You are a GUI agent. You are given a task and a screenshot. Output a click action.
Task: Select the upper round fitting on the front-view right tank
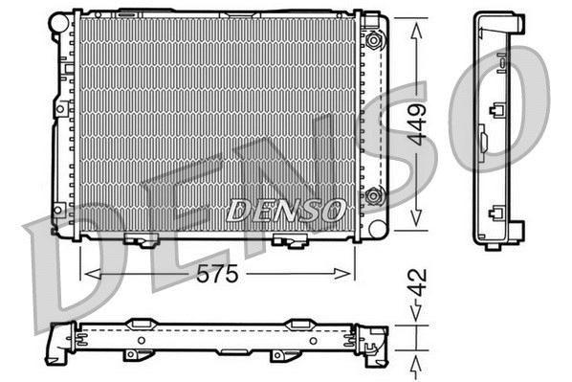tap(373, 40)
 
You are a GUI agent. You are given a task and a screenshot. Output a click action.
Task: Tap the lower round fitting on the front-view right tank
tap(373, 197)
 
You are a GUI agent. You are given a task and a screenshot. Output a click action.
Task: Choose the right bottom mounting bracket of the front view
tap(284, 239)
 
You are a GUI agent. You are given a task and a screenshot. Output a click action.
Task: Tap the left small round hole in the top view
tap(141, 339)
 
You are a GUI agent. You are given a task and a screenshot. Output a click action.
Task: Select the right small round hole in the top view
tap(309, 339)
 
